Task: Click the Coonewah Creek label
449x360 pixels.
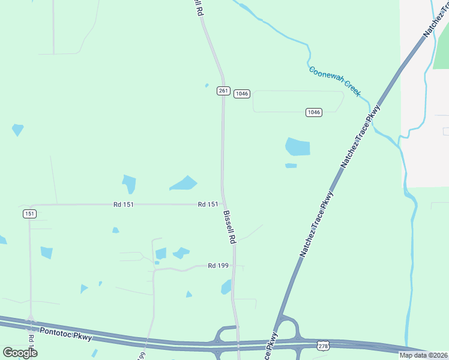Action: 334,81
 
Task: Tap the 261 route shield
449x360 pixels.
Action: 223,91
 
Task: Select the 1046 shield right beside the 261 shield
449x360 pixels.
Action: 241,93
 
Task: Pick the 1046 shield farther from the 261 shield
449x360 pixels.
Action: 313,112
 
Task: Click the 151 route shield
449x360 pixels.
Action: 29,214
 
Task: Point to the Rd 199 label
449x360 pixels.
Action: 220,265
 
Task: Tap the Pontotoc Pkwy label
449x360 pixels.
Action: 66,334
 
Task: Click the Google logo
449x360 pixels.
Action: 20,352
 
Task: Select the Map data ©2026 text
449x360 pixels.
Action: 423,355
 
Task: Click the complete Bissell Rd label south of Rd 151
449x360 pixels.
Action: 230,226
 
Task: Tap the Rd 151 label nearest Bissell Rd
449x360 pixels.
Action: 208,205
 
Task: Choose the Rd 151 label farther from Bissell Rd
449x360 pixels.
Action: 123,205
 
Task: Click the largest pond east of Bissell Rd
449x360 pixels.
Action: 298,146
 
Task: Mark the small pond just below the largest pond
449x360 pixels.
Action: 291,166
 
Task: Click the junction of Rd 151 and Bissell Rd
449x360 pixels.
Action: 224,204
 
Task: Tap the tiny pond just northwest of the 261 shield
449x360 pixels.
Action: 206,85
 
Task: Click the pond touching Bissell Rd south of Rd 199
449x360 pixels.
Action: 226,288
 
